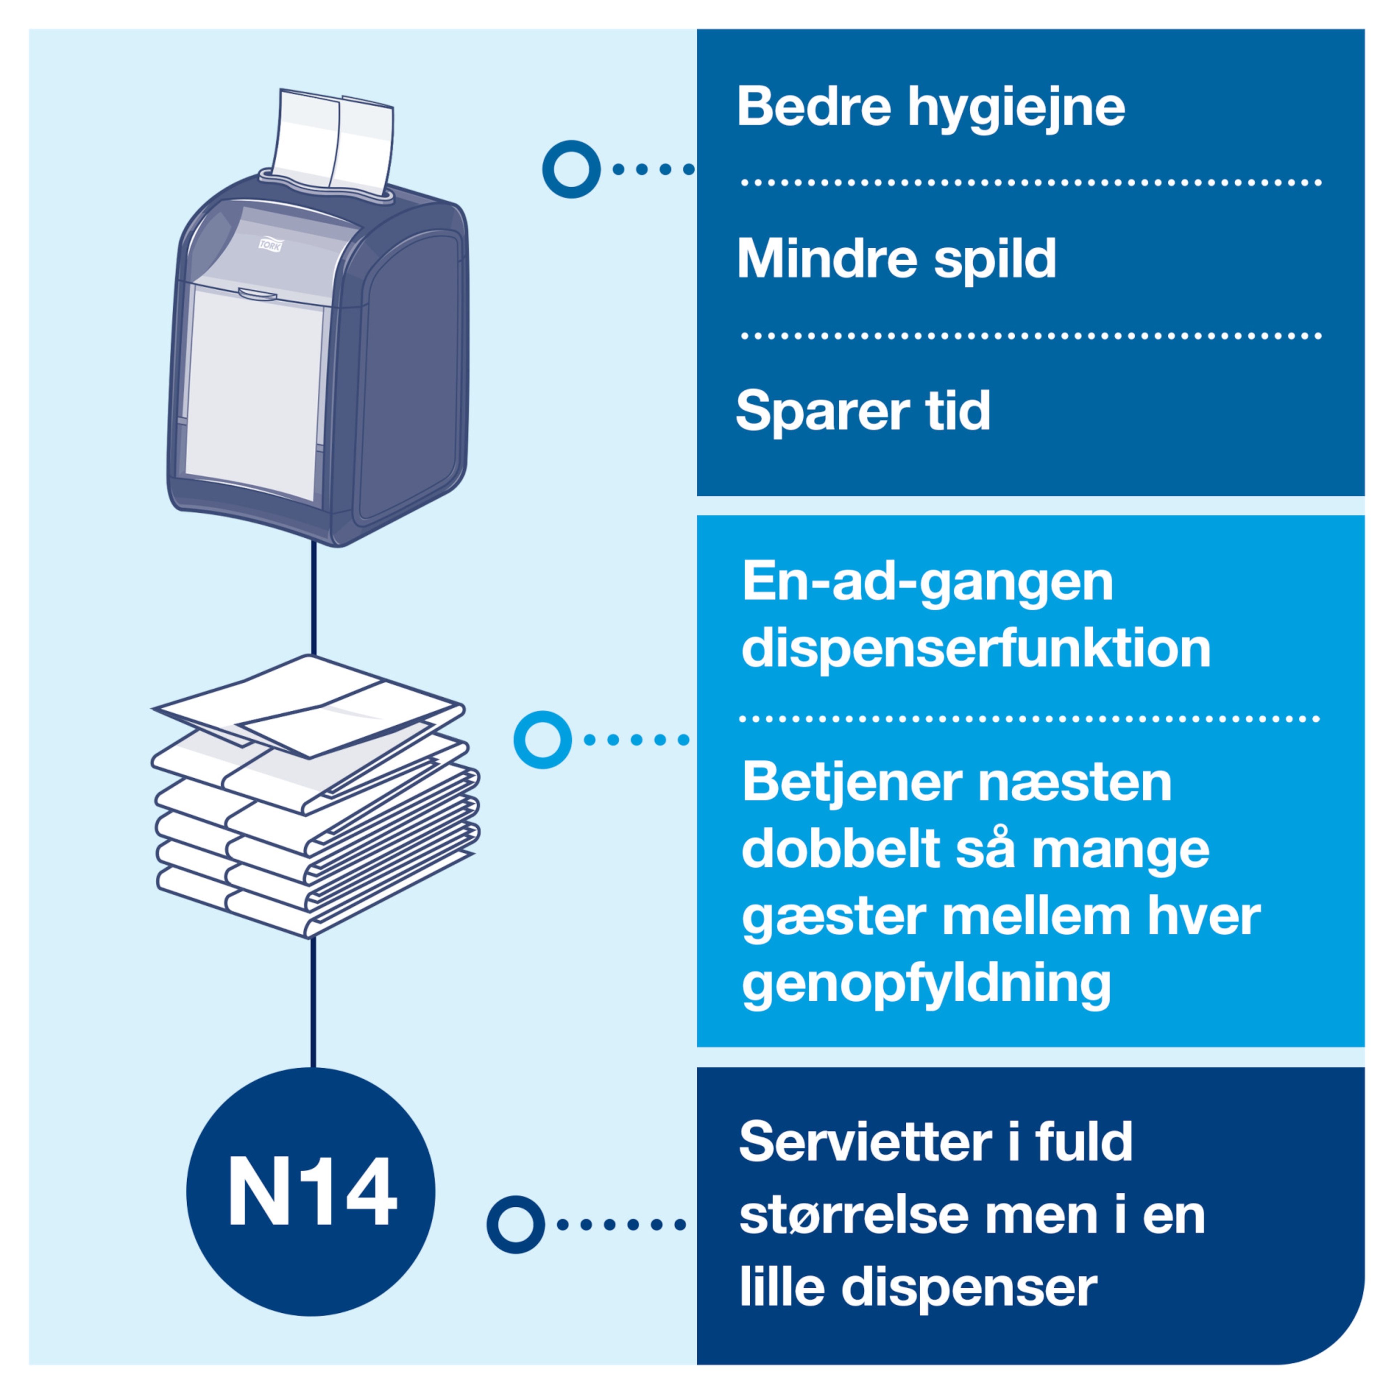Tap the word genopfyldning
(926, 985)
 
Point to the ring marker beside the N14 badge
(515, 1224)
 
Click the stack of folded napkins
(315, 796)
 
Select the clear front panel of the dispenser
(256, 390)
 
